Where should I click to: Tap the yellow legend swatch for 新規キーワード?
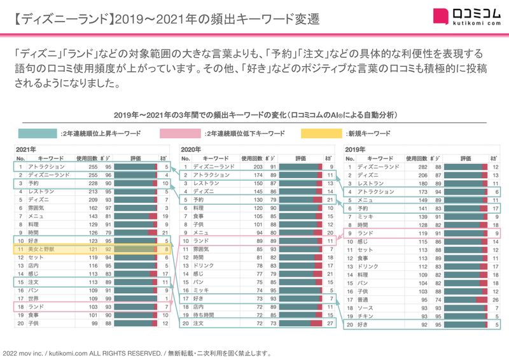[321, 134]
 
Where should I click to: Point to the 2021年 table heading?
[26, 149]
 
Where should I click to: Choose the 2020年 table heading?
[192, 149]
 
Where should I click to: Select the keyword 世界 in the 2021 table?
[35, 298]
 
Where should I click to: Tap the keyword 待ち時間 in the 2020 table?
[204, 314]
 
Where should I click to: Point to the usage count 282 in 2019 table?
[421, 167]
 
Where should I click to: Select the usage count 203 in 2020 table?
[256, 167]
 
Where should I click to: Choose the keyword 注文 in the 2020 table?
[198, 323]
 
